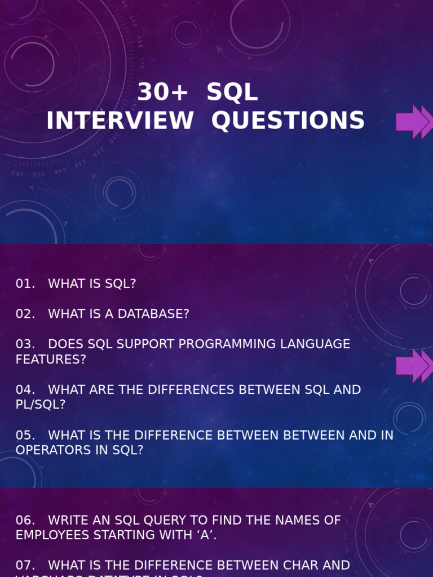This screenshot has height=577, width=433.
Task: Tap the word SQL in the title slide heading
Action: click(x=232, y=92)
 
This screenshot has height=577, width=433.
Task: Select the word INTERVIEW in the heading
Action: click(x=120, y=121)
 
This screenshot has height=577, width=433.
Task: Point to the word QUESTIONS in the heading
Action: click(x=288, y=121)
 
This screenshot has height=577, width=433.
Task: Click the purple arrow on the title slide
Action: click(x=414, y=122)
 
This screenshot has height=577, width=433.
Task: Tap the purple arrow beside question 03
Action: click(x=414, y=366)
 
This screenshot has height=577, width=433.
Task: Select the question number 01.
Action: click(x=25, y=284)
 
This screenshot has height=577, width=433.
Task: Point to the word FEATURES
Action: click(x=51, y=359)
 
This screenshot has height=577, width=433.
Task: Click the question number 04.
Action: click(x=25, y=389)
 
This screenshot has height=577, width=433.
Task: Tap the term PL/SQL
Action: click(x=41, y=405)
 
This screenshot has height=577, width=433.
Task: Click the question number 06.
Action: click(x=25, y=520)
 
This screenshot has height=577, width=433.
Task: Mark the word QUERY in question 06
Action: click(x=165, y=520)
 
